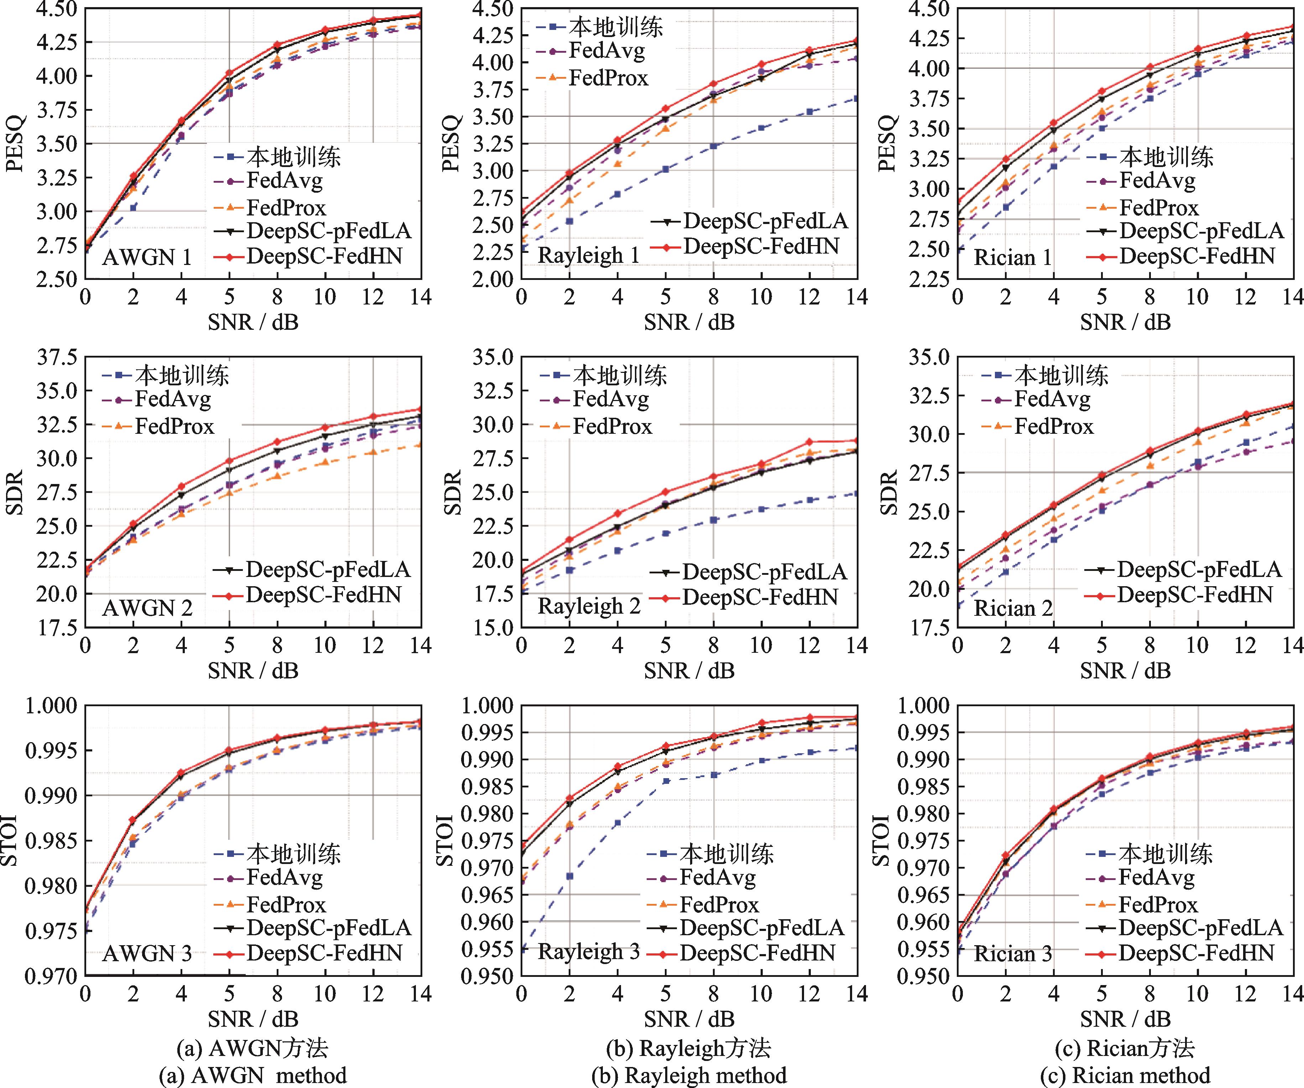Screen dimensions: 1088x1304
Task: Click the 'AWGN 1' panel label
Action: coord(147,257)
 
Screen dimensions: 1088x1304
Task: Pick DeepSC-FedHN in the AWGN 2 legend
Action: coord(323,595)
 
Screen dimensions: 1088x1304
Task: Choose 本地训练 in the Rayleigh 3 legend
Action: coord(726,854)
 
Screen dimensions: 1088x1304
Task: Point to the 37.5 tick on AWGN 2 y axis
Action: coord(57,357)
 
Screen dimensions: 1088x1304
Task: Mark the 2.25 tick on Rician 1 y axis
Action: coord(929,279)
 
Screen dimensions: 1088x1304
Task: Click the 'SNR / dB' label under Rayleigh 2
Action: coord(689,671)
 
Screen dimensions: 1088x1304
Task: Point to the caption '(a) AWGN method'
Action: coord(253,1076)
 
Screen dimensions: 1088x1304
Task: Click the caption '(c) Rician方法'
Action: coord(1125,1048)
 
